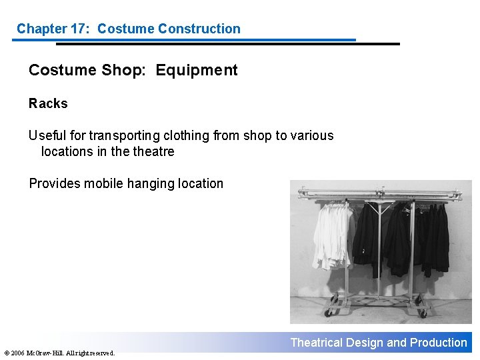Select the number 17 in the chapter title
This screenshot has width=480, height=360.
(83, 29)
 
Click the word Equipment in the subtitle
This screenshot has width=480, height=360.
(197, 70)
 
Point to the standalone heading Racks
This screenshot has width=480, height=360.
(48, 103)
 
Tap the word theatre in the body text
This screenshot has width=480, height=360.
(153, 151)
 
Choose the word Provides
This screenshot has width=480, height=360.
(55, 183)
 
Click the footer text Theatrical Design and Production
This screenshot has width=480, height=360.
(379, 343)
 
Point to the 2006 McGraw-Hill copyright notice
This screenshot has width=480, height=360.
(59, 353)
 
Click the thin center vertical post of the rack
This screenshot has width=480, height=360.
(379, 253)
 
